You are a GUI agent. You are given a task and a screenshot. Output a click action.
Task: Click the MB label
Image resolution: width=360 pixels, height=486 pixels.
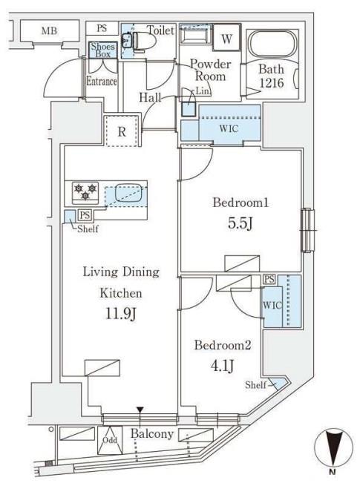(x=49, y=30)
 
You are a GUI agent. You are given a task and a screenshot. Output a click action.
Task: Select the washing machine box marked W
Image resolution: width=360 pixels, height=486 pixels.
(x=226, y=38)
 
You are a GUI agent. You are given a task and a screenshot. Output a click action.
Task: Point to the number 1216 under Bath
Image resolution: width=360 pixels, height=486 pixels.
(x=272, y=83)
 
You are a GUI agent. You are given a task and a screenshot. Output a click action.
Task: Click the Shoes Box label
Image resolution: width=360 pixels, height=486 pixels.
(x=102, y=50)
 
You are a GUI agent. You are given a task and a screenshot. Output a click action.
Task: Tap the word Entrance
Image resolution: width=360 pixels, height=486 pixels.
(x=102, y=81)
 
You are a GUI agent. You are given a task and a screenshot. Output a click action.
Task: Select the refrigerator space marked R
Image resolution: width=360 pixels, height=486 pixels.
(x=122, y=131)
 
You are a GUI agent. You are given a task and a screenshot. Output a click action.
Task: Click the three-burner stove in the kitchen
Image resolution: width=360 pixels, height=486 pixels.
(x=85, y=192)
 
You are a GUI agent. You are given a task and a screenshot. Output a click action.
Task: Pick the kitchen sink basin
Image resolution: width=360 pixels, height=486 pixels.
(x=129, y=192)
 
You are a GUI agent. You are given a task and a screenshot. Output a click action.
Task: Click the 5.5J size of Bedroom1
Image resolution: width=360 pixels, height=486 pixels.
(x=240, y=223)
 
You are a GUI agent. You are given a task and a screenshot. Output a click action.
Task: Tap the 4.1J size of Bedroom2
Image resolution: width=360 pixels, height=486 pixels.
(x=222, y=366)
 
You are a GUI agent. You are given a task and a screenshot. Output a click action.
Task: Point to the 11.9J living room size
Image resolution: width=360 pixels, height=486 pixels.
(x=121, y=313)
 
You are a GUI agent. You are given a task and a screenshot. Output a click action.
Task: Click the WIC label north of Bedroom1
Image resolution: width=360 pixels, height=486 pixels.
(x=229, y=128)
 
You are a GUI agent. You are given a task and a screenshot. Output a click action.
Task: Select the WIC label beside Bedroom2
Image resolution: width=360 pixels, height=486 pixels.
(x=272, y=305)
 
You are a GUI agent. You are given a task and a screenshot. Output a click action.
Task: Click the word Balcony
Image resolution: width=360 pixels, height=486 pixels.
(x=151, y=433)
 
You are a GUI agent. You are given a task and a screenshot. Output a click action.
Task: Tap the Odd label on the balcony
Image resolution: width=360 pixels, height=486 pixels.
(x=110, y=440)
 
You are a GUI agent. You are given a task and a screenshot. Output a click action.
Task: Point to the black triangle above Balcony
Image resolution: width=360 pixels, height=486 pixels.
(x=140, y=410)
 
